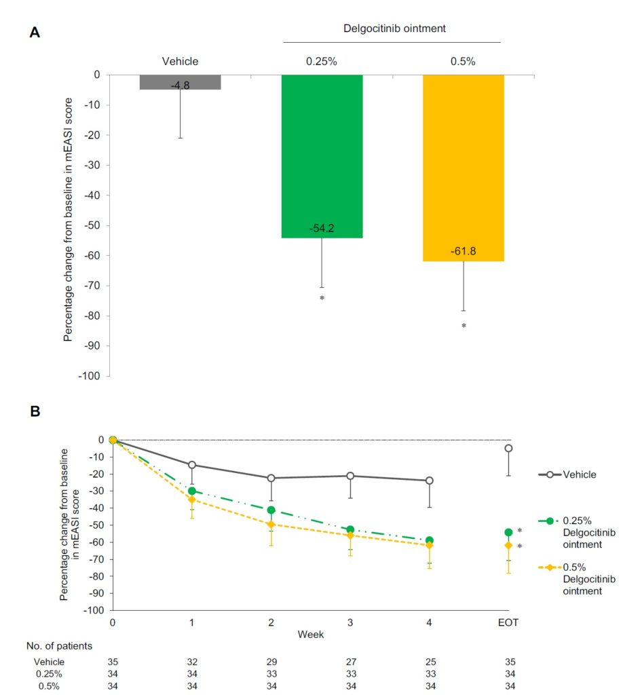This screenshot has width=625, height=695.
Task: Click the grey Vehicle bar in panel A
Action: click(x=181, y=81)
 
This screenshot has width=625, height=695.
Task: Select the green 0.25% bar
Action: click(x=322, y=156)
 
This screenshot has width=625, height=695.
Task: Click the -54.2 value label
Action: click(x=322, y=229)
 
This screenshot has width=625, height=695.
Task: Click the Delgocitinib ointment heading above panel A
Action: click(x=392, y=29)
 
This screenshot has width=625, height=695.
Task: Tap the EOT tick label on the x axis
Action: click(x=508, y=622)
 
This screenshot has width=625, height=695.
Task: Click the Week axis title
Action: click(x=310, y=634)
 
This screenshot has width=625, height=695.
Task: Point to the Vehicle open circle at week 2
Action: click(x=271, y=478)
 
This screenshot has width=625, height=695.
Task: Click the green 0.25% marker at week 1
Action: click(x=192, y=491)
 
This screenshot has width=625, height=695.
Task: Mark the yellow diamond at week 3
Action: click(x=350, y=536)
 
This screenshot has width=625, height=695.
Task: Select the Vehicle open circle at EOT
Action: click(x=508, y=448)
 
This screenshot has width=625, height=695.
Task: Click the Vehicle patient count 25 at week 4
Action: click(x=429, y=662)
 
